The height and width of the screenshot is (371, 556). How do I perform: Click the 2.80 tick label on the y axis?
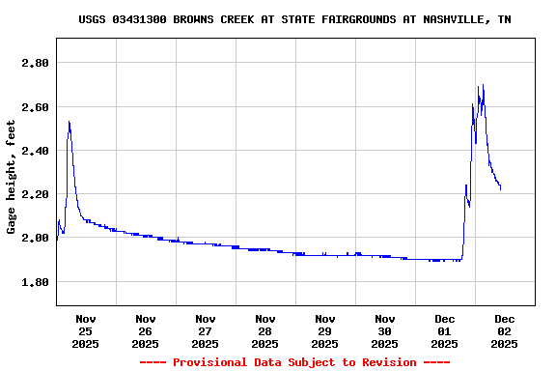35,63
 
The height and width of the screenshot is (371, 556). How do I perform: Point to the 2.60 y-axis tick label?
35,106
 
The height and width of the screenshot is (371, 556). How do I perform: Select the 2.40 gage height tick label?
35,151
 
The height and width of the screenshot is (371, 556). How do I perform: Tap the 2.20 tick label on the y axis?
35,194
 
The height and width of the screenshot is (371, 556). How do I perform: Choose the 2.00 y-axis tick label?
35,238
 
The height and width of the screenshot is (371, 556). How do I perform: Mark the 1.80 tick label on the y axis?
35,282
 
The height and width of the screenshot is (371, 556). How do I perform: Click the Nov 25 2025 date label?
86,330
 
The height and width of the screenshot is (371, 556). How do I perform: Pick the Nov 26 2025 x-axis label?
146,330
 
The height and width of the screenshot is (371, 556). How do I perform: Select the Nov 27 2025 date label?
206,330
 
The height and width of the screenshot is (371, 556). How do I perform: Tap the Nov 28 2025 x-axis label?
265,330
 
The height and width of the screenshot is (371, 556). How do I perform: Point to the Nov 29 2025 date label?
325,330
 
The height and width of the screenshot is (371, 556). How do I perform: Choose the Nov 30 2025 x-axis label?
385,330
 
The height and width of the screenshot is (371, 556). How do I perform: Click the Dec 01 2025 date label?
445,330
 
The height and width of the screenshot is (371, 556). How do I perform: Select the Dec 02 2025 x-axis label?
505,330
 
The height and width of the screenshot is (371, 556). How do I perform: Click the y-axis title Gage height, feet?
12,177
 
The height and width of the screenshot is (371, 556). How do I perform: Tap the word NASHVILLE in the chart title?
458,19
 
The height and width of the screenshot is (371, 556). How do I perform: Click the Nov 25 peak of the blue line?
69,122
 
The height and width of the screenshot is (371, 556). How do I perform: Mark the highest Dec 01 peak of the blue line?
483,85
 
